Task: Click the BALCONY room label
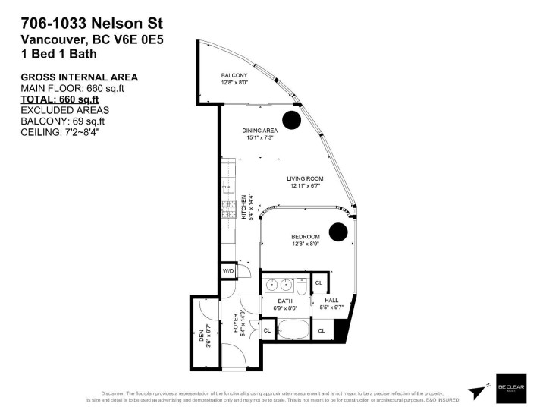(x=234, y=75)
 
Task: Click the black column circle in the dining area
(x=292, y=119)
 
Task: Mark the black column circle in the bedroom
(x=338, y=231)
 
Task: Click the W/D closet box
(x=228, y=271)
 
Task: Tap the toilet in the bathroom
(x=301, y=287)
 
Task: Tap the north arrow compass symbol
(x=477, y=391)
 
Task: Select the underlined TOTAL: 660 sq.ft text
(x=60, y=99)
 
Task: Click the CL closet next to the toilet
(x=318, y=282)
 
